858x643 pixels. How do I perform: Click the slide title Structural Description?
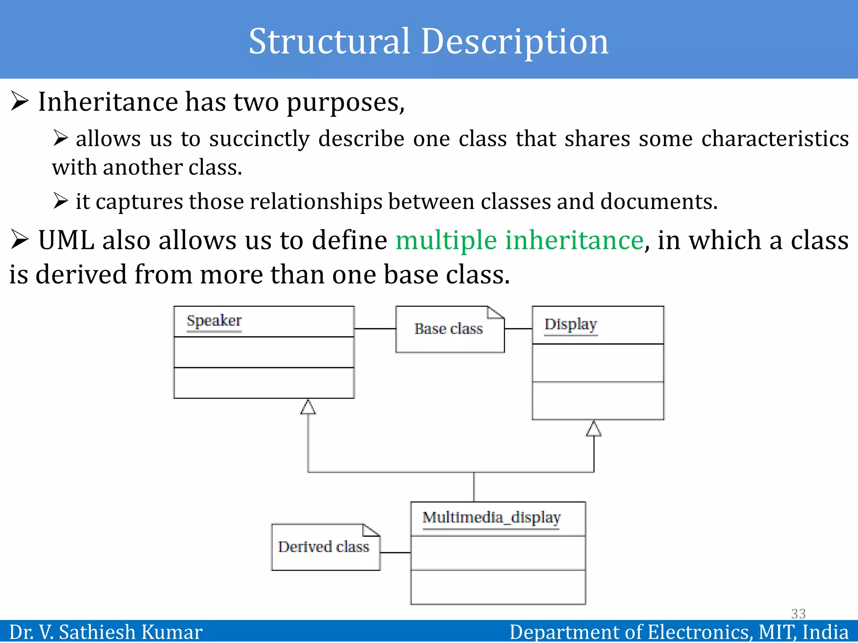coord(428,41)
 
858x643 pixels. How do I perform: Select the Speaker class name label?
coord(214,321)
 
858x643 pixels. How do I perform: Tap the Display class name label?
coord(571,324)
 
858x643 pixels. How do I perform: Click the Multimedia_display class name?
coord(491,518)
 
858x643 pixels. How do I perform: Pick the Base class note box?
coord(449,329)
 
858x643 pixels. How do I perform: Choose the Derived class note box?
coord(325,547)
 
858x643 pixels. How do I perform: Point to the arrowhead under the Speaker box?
coord(308,407)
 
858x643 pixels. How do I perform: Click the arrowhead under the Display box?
coord(594,429)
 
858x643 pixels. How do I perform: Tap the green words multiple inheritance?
coord(519,240)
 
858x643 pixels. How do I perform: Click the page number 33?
coord(798,614)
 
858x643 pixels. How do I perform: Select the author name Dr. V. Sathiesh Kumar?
coord(106,632)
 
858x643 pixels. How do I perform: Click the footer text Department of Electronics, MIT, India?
coord(679,632)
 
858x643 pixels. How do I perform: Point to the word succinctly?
coord(259,139)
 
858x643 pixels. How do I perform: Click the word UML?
coord(66,240)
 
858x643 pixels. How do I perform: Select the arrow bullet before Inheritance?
coord(20,101)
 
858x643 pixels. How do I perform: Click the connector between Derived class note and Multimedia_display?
coord(395,553)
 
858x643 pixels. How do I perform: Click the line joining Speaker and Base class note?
coord(375,329)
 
